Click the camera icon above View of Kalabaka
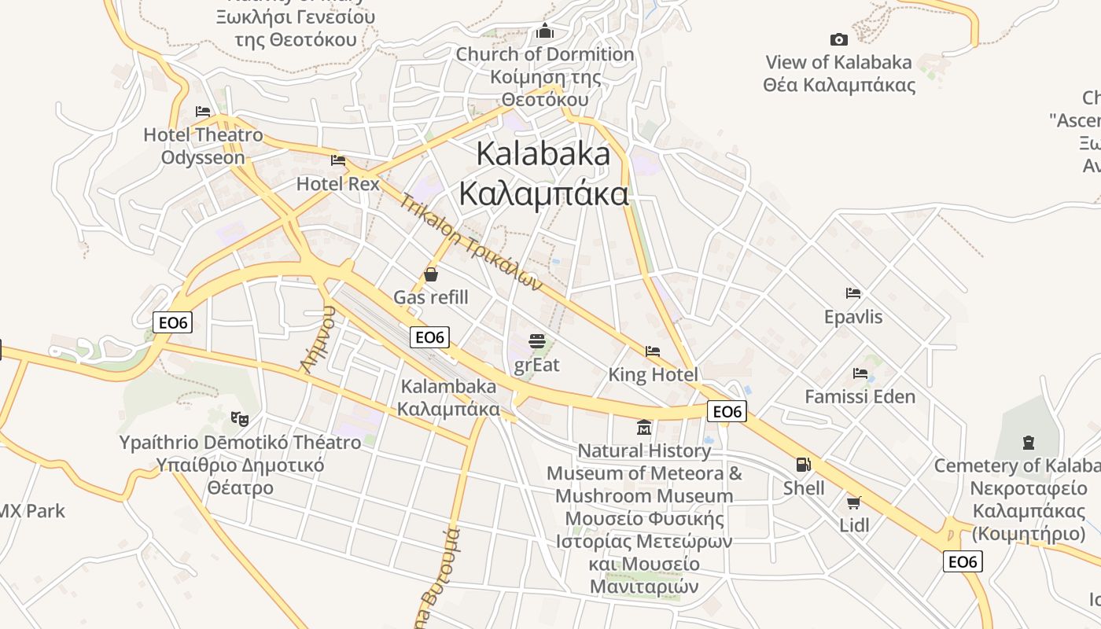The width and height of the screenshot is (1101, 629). point(839,39)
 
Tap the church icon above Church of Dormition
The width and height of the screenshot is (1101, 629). point(545,31)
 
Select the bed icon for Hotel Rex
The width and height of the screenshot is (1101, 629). point(338,160)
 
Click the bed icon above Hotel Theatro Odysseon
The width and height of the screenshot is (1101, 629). point(203,112)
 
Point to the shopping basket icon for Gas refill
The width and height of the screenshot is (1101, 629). point(431,274)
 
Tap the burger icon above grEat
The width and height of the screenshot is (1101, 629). point(537,341)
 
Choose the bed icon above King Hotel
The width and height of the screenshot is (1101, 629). point(653,351)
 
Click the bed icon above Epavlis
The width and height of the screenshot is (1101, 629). point(853,293)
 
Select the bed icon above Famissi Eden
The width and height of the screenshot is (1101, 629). point(860,373)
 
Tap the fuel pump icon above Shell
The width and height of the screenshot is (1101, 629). point(803,465)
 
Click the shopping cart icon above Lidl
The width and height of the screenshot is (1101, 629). point(854,502)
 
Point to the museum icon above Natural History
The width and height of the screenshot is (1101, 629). point(644,428)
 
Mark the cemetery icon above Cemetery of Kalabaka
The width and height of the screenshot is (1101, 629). point(1029,443)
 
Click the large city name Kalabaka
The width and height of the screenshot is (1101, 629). point(543,154)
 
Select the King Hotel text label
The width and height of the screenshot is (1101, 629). point(653,375)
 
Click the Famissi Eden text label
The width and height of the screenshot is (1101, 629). point(860,396)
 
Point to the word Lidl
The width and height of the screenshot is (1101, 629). point(854,524)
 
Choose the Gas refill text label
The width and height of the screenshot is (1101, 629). point(431,297)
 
